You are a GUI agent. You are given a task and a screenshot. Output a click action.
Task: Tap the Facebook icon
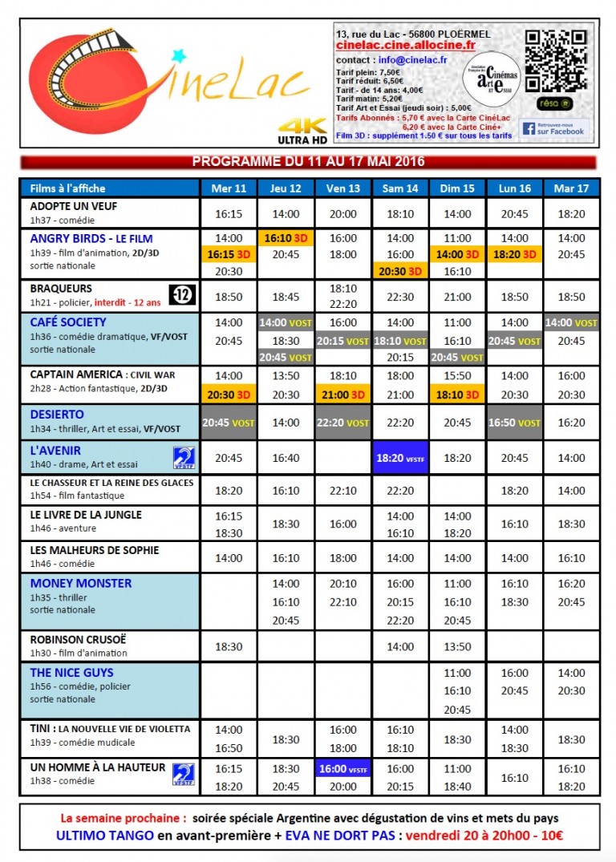[529, 128]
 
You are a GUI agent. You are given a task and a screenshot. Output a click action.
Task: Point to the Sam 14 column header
[401, 188]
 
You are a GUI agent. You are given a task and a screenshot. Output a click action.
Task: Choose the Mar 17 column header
[571, 188]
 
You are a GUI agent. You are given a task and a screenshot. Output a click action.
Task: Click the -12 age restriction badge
[181, 295]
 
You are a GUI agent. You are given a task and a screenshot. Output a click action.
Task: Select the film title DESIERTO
[57, 415]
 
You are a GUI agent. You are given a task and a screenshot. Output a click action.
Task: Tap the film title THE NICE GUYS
[71, 673]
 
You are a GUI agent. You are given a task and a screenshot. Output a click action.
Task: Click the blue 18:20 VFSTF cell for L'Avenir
[401, 457]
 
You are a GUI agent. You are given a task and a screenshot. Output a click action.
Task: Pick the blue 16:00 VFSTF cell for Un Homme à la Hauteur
[343, 768]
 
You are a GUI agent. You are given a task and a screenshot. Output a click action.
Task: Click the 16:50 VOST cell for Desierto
[514, 423]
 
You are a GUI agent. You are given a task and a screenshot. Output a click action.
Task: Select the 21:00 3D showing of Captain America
[343, 395]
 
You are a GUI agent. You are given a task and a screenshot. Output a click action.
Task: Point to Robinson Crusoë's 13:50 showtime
[457, 646]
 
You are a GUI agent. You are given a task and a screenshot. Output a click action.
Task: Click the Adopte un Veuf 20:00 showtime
[343, 214]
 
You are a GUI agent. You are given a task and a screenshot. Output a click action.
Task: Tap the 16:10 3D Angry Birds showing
[286, 238]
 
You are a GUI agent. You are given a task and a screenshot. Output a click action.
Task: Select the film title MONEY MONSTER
[80, 583]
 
